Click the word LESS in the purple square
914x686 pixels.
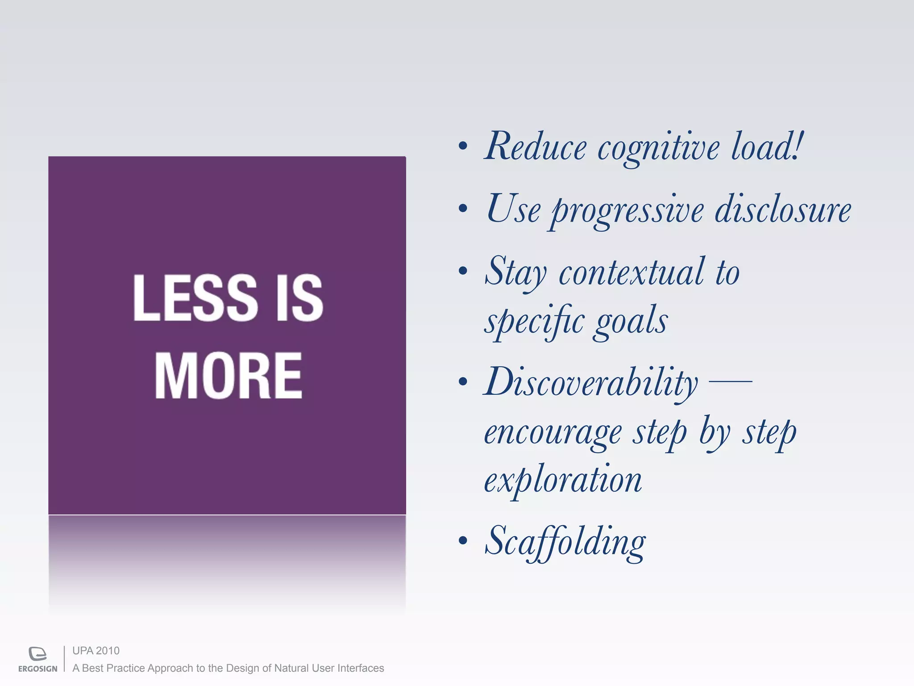pos(195,298)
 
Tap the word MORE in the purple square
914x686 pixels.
pos(228,375)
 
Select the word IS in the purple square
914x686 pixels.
pos(299,298)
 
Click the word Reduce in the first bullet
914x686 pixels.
pos(536,147)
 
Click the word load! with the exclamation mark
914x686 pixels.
pos(767,146)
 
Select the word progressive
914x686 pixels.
pos(627,211)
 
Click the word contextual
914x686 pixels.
pos(632,272)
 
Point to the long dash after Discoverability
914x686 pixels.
pos(731,381)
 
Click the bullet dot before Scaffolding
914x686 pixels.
pos(463,540)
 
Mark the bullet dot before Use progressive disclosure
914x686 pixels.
pos(463,208)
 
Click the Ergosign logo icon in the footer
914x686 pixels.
pos(37,653)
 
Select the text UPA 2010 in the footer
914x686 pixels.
pos(96,651)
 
